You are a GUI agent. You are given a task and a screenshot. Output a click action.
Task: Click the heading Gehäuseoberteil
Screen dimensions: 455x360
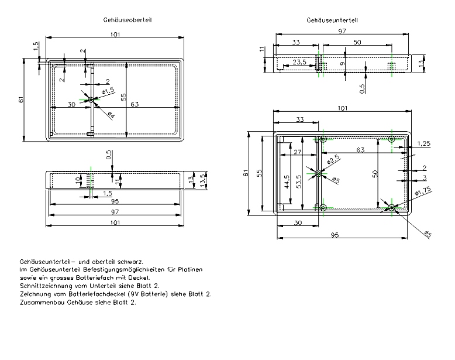point(127,20)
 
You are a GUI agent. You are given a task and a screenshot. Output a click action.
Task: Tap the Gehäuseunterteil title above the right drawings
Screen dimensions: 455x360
point(332,20)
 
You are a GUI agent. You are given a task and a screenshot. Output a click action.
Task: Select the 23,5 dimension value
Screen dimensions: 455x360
point(299,62)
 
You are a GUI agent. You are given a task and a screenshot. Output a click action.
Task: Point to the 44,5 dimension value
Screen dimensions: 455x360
point(287,182)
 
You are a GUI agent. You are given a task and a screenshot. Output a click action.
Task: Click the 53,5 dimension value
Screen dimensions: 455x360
point(299,181)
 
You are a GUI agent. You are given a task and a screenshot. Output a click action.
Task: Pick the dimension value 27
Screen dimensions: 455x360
point(298,152)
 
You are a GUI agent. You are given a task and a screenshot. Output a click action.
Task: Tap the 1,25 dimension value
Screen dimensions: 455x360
point(423,143)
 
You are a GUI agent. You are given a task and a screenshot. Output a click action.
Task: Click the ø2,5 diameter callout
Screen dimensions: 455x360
point(333,159)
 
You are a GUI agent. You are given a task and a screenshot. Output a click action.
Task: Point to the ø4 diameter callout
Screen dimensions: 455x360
point(111,115)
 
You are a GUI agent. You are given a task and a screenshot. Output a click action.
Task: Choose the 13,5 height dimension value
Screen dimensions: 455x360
point(204,180)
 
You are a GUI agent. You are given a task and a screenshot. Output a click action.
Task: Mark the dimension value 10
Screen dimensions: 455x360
point(78,180)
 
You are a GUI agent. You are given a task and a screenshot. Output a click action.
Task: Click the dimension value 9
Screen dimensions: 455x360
point(342,63)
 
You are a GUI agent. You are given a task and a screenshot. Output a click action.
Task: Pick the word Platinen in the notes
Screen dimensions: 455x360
point(190,270)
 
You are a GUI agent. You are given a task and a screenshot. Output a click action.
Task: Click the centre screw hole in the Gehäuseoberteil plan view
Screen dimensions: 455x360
point(91,100)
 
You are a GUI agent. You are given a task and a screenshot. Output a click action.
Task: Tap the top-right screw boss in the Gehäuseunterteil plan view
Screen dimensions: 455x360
point(392,139)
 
